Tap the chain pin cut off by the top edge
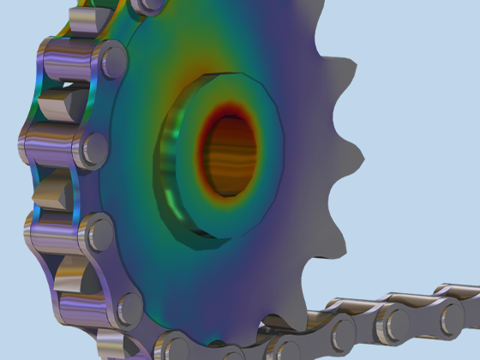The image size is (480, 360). pyautogui.click(x=151, y=5)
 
